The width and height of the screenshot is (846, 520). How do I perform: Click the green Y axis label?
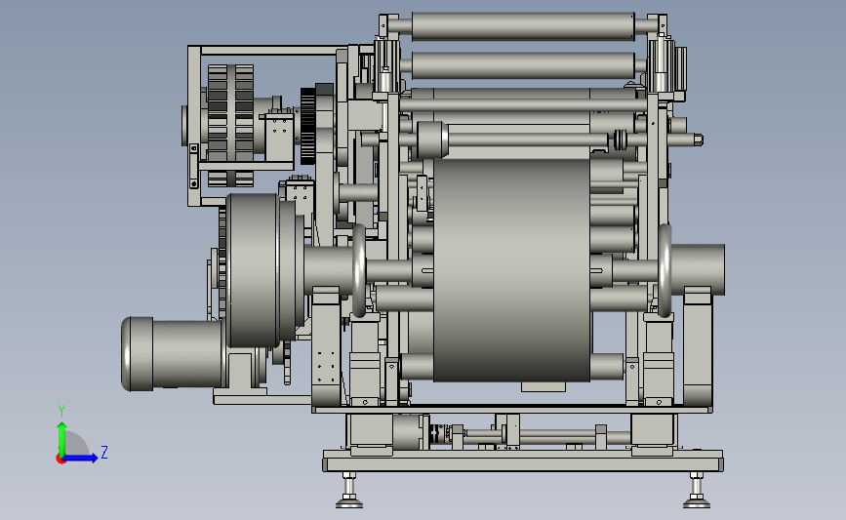(x=61, y=411)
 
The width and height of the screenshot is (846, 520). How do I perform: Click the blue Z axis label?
(x=104, y=452)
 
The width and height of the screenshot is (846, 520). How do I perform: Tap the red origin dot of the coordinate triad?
(x=60, y=460)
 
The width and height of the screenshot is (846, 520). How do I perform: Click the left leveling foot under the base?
(x=349, y=491)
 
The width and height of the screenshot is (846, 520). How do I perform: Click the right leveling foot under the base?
(x=697, y=491)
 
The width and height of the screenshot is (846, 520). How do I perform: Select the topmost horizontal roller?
(x=523, y=26)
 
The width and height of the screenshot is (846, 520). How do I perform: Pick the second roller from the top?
(x=523, y=65)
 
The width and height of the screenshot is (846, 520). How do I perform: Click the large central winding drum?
(x=511, y=269)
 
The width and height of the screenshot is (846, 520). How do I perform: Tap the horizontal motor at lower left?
(x=173, y=353)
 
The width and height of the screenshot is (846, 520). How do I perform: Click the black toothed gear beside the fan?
(x=308, y=126)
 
